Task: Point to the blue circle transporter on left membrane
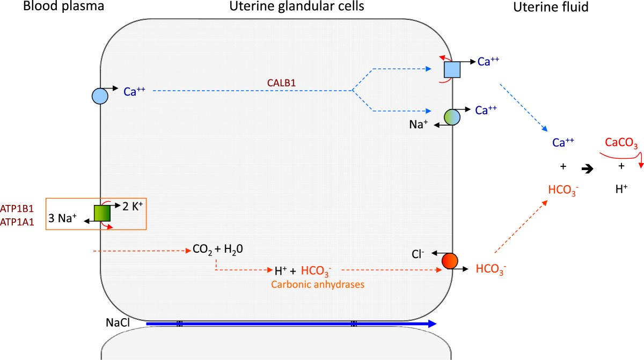point(100,95)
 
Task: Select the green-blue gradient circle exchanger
point(452,117)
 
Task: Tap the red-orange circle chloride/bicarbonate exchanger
point(450,261)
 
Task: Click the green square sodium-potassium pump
point(101,214)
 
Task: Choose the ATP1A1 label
point(22,221)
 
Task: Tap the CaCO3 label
point(621,143)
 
